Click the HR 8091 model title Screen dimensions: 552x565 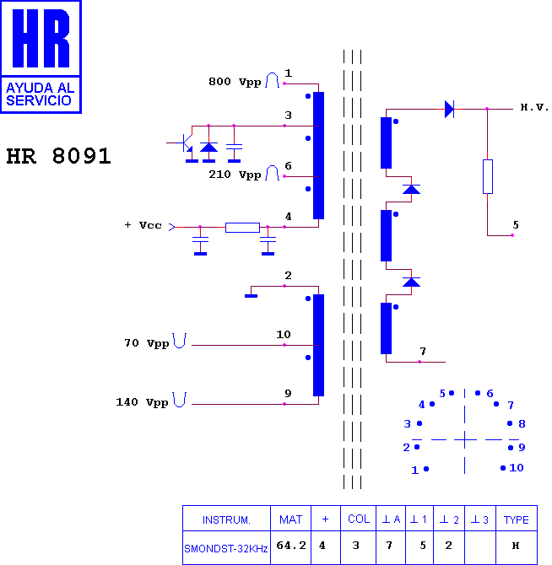click(58, 156)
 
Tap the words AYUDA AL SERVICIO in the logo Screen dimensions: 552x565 click(40, 94)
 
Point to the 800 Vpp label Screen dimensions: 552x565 click(235, 82)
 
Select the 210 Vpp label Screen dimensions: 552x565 click(235, 175)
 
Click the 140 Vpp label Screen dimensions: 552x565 click(142, 402)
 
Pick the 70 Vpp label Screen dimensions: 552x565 click(146, 343)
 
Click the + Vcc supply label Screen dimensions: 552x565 click(143, 225)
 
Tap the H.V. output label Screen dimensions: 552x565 click(534, 107)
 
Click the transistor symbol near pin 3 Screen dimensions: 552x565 click(185, 143)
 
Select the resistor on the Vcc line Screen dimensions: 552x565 click(242, 228)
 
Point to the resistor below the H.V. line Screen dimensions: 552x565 click(488, 176)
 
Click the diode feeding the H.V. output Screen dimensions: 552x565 click(449, 109)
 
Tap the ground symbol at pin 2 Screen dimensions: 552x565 click(251, 296)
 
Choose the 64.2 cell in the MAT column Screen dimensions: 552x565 click(291, 546)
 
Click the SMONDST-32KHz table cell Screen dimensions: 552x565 click(225, 549)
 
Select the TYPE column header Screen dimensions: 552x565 click(516, 519)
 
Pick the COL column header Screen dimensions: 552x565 click(359, 519)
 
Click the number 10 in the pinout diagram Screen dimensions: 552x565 click(517, 468)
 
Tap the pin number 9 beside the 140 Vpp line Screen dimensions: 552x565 click(288, 393)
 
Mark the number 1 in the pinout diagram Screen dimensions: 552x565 click(414, 470)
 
